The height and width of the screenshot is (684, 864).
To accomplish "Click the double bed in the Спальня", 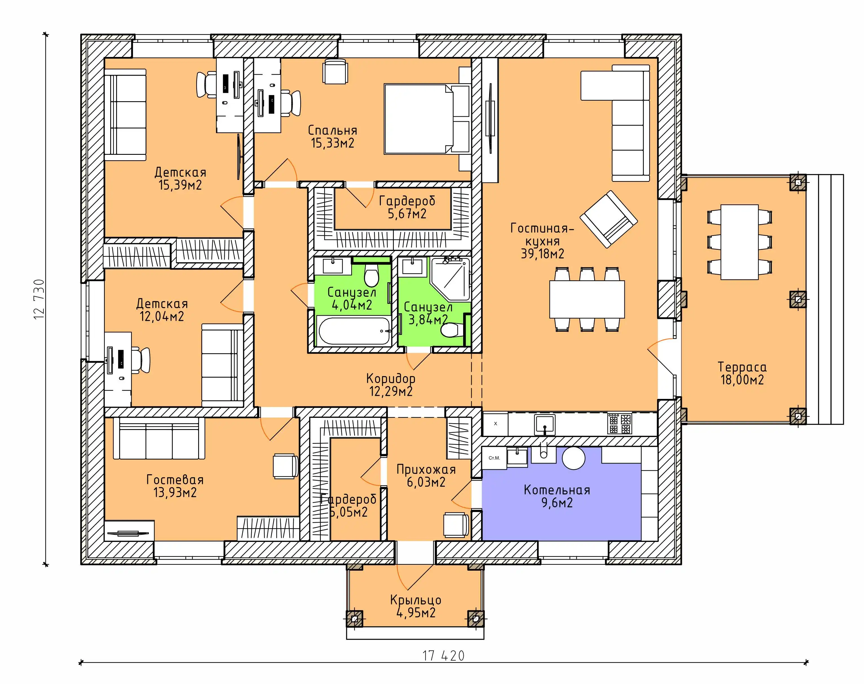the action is tap(427, 119).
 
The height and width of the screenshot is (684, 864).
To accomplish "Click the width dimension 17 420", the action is tap(443, 656).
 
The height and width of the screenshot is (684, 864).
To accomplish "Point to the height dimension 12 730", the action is tap(39, 299).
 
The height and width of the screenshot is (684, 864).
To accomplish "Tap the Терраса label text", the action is tap(742, 367).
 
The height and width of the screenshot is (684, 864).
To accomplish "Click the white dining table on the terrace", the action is tap(739, 242).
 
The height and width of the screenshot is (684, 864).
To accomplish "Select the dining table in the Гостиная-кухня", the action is tap(587, 299).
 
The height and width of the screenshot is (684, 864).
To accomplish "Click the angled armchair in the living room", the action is tap(609, 219).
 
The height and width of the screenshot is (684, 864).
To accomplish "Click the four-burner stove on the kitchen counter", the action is tap(619, 424).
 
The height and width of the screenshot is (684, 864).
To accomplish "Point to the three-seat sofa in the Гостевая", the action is tap(159, 438).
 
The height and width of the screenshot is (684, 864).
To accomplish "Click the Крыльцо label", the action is tap(416, 600).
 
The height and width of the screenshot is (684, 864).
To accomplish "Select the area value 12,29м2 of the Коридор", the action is tap(391, 391).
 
